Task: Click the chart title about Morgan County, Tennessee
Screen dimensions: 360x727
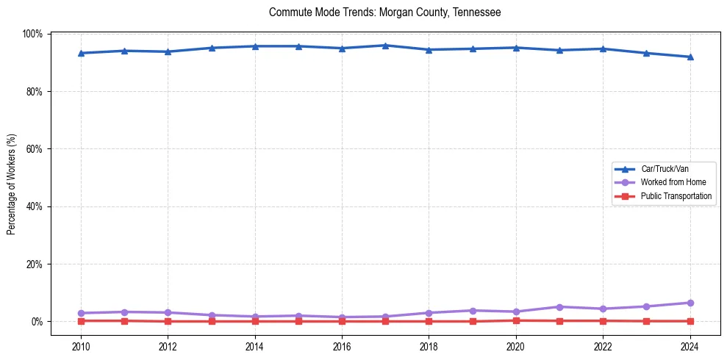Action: [x=385, y=12]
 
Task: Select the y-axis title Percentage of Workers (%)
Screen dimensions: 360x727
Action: [x=12, y=184]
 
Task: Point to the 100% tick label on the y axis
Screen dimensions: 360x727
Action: [x=33, y=35]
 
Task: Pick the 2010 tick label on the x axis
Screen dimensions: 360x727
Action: [x=81, y=348]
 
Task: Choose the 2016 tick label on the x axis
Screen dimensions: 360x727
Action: [x=342, y=348]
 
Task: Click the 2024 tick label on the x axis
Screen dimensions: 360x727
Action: [x=690, y=348]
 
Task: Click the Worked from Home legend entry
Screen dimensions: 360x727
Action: [x=672, y=182]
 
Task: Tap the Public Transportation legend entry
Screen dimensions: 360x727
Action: [x=676, y=196]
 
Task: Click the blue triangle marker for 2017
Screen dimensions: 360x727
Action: [x=385, y=46]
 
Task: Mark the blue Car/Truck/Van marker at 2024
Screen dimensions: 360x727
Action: [x=690, y=57]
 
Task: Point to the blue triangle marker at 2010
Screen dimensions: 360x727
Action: [x=81, y=53]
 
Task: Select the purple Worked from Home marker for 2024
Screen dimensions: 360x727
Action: [x=690, y=303]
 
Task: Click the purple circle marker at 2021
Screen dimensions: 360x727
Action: [x=559, y=306]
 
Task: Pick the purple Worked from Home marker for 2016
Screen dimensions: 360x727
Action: [x=342, y=317]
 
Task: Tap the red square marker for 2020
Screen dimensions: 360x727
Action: [x=516, y=320]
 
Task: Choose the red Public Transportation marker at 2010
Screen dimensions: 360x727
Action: [x=81, y=320]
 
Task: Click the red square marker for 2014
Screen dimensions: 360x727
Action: [x=255, y=321]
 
